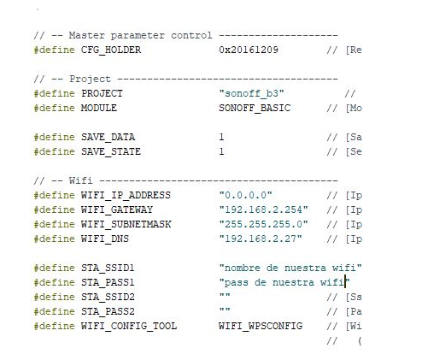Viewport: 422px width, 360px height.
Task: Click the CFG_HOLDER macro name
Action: [111, 50]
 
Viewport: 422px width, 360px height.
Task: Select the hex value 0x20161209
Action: [249, 50]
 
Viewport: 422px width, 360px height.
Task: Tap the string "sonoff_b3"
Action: [252, 93]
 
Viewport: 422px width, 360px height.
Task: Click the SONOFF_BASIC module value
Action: [255, 108]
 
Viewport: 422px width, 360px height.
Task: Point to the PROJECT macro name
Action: [102, 93]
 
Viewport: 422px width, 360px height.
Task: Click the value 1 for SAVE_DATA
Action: [221, 137]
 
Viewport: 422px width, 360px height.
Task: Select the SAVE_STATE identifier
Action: [111, 151]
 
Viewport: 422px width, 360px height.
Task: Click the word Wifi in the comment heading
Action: [81, 180]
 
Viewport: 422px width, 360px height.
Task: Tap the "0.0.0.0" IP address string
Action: [246, 195]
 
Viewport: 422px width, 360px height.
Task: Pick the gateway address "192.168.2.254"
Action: [264, 210]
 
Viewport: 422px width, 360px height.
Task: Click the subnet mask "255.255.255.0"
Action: [264, 224]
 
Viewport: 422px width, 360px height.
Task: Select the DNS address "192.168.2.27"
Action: [261, 239]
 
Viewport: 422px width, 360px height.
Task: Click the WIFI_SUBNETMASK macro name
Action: [126, 224]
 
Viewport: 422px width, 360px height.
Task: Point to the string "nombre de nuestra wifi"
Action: [290, 268]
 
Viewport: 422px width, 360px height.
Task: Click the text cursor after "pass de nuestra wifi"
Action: [345, 281]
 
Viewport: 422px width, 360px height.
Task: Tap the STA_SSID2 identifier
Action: [108, 297]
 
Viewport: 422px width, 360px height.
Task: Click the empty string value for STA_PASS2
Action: [225, 310]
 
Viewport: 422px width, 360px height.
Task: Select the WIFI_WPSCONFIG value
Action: [261, 326]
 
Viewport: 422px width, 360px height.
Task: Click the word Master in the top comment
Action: [87, 35]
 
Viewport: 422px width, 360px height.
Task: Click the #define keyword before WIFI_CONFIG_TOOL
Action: [54, 326]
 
